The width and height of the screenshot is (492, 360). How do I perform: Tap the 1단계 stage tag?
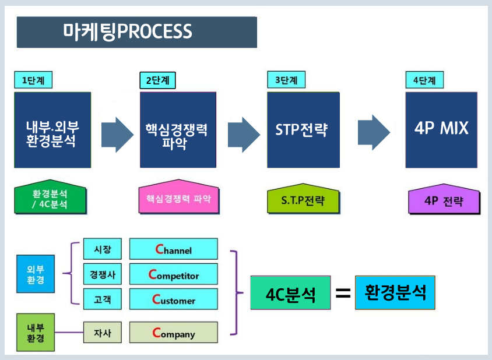tap(33, 80)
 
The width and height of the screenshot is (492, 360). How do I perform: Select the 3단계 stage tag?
tap(286, 80)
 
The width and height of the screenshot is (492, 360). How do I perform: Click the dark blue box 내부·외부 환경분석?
tap(52, 130)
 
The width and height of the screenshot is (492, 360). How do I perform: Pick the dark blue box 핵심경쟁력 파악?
tap(178, 130)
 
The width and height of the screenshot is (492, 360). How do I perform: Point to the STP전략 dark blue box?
tap(301, 130)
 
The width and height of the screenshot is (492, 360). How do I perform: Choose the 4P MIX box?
tap(441, 130)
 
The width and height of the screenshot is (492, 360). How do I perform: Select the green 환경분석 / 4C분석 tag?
tap(50, 200)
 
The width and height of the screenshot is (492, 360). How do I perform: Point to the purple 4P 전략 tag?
tap(444, 201)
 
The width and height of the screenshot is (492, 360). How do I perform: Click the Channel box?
tap(173, 249)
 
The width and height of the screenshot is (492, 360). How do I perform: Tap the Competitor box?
tap(173, 274)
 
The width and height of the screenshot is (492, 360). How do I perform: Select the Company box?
tap(173, 333)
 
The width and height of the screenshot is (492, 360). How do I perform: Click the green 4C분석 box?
tap(290, 292)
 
